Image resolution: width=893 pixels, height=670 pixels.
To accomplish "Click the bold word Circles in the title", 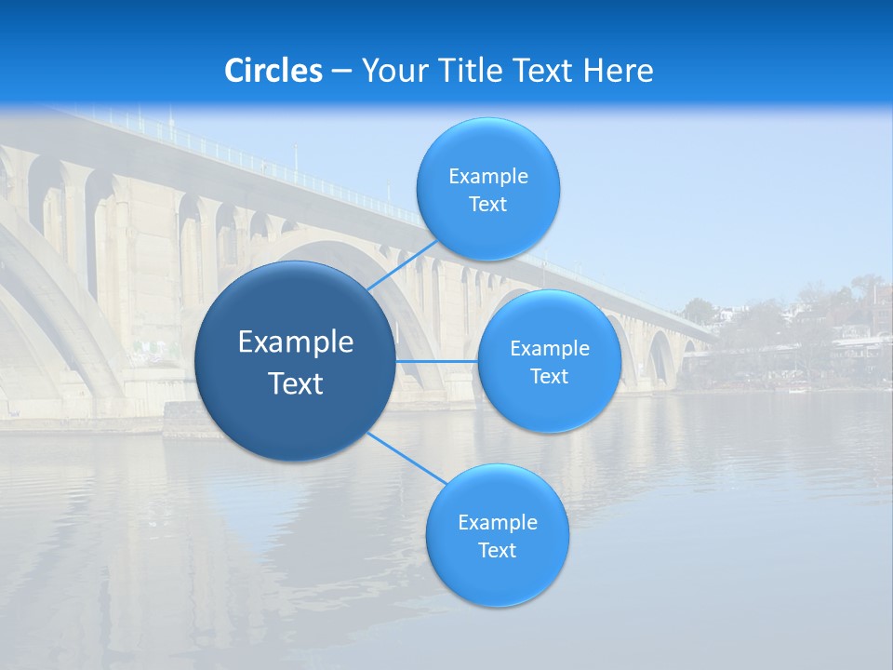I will [x=273, y=71].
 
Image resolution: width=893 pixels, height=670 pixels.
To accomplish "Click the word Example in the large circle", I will [x=296, y=342].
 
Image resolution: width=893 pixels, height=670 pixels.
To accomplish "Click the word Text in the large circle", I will [x=296, y=383].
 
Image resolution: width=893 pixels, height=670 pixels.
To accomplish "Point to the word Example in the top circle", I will [x=488, y=177].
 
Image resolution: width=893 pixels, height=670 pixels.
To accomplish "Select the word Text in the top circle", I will [x=488, y=205].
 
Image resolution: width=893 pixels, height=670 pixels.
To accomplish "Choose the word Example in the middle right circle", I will [x=550, y=349].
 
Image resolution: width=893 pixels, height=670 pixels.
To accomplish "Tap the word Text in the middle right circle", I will [x=550, y=377].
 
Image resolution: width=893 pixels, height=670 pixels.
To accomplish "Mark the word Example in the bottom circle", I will [x=498, y=523].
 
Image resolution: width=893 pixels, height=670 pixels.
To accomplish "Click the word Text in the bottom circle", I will [x=498, y=551].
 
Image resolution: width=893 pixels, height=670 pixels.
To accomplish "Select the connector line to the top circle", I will [x=402, y=265].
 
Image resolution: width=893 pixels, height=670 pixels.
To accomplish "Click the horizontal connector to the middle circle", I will [x=436, y=361].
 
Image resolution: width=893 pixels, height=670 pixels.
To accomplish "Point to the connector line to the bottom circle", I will [x=407, y=458].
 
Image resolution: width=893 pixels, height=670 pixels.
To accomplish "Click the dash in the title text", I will [x=341, y=72].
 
